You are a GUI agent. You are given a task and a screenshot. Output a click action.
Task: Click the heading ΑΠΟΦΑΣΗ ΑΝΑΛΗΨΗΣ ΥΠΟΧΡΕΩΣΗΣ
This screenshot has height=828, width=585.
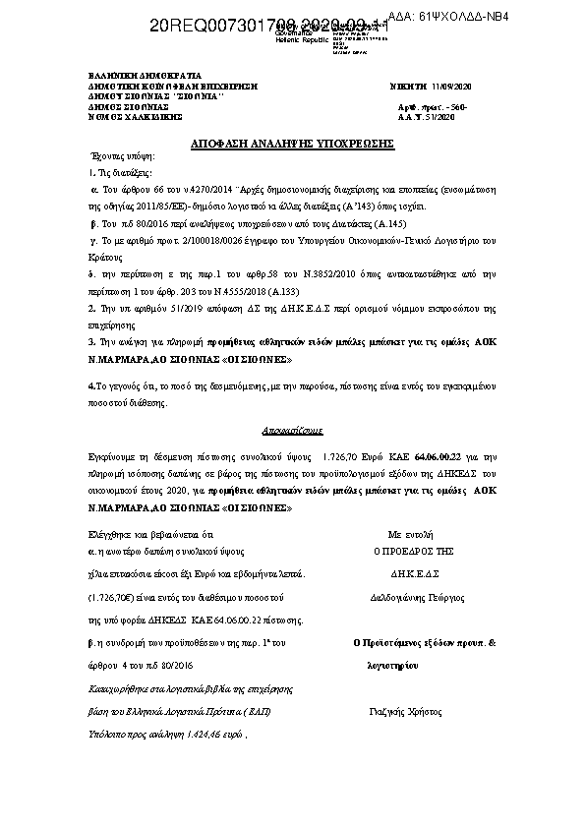tap(292, 144)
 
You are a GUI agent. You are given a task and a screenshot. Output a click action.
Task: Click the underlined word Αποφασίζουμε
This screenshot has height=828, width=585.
tap(292, 431)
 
